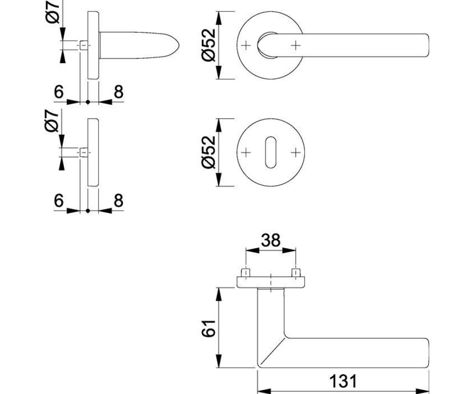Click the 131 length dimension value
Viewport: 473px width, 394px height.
(x=343, y=381)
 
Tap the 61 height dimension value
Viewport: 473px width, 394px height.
(x=208, y=329)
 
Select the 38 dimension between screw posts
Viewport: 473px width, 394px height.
(x=271, y=240)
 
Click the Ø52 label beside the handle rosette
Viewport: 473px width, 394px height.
(x=208, y=45)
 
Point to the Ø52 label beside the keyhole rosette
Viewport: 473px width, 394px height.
(x=208, y=152)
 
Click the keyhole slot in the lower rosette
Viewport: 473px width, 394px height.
(x=271, y=152)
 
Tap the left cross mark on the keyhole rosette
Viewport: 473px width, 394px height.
(x=246, y=152)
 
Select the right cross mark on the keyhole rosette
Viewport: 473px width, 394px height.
(x=296, y=152)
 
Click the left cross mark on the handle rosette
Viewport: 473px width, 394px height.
(x=246, y=46)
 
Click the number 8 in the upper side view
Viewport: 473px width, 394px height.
(x=119, y=92)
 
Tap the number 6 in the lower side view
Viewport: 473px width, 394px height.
(x=59, y=200)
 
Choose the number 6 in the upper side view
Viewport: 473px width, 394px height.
(x=59, y=92)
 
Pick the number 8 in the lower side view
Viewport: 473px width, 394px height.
(x=119, y=200)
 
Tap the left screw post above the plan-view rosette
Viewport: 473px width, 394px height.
(x=246, y=273)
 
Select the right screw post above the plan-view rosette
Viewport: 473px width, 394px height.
(x=296, y=273)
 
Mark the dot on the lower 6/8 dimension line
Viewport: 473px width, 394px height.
(x=88, y=211)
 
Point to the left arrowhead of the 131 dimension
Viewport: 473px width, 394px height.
(x=264, y=391)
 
